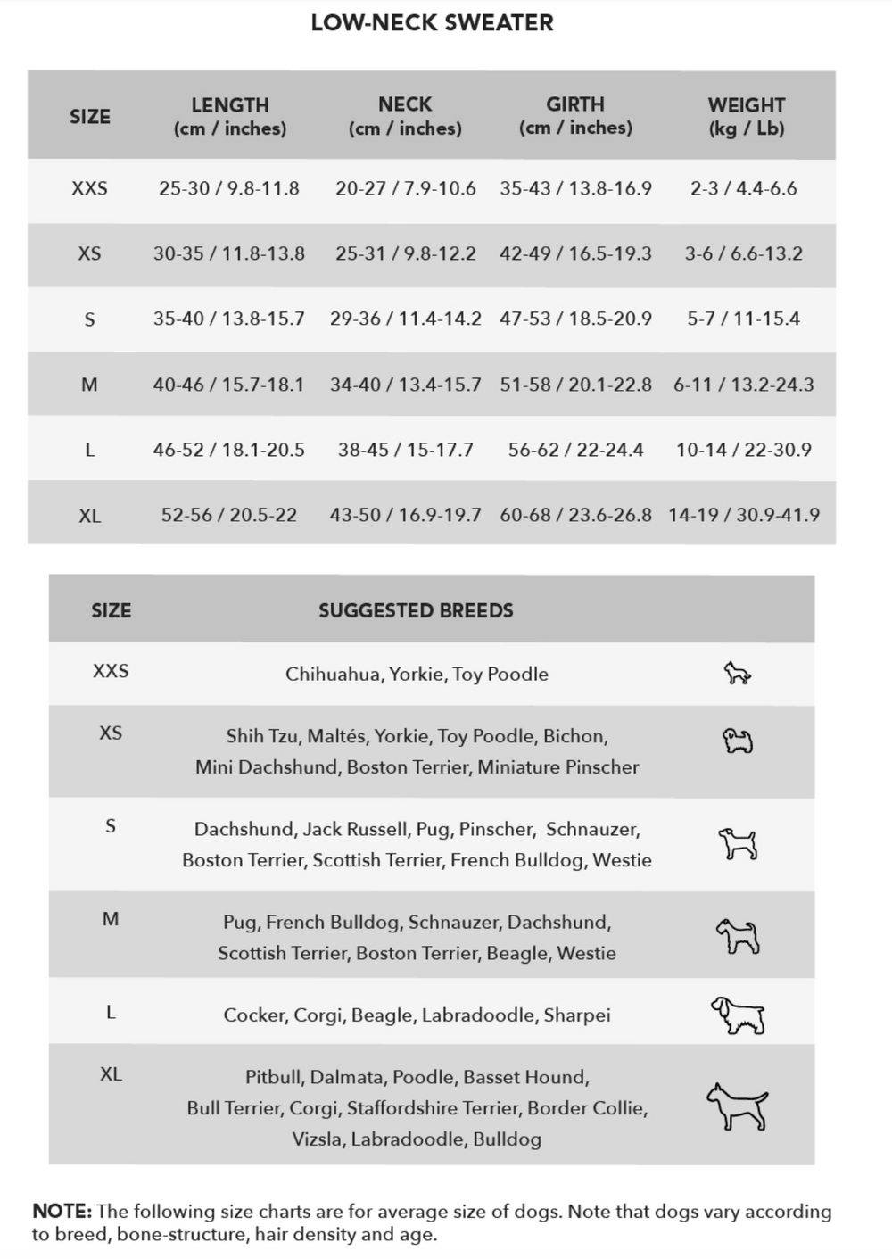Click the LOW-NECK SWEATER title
click(432, 23)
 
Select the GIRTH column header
click(575, 116)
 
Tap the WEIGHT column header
click(746, 117)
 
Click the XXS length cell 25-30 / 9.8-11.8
click(229, 188)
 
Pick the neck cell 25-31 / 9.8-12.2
click(406, 253)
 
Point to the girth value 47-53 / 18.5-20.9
click(575, 319)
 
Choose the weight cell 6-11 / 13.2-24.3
click(744, 385)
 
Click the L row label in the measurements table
click(89, 451)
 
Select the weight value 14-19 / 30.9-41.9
click(744, 515)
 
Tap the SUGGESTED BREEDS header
click(416, 611)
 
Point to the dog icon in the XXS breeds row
click(737, 673)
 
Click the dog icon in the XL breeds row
click(738, 1106)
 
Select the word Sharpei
click(577, 1015)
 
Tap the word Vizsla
click(318, 1139)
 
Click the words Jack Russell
click(356, 829)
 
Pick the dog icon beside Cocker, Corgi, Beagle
click(738, 1015)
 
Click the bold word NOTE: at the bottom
click(62, 1212)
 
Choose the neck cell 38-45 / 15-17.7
click(406, 450)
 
